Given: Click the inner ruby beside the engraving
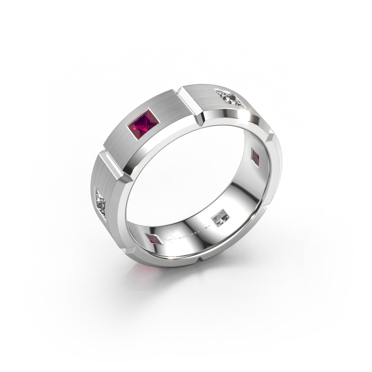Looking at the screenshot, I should point(154,240).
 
